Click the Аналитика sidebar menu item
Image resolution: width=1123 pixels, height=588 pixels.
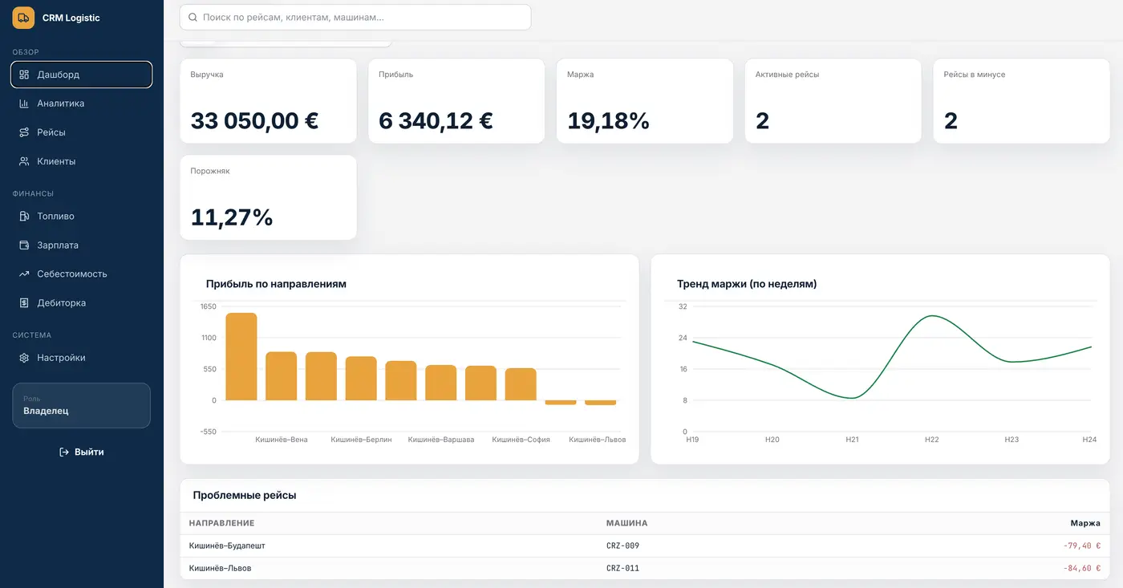point(60,103)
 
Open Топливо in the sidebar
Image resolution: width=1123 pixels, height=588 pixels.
point(55,216)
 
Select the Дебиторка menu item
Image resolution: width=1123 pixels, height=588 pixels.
point(61,302)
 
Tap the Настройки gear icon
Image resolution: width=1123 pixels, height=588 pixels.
point(24,358)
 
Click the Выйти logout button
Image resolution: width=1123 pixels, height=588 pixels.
point(82,452)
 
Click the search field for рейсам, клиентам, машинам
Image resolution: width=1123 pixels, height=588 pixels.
point(355,17)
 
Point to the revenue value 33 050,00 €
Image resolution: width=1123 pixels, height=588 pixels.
point(254,121)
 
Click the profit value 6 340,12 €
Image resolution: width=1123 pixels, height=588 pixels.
point(436,121)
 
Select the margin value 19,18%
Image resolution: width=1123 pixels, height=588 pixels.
point(608,121)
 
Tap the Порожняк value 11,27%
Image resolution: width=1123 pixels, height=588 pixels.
point(232,217)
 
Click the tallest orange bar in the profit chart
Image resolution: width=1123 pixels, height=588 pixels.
point(241,356)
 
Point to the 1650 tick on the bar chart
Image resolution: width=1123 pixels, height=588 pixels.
point(208,306)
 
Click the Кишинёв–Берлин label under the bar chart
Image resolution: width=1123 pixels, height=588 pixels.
point(361,440)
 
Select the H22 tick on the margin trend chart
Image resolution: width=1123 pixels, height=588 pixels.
point(931,440)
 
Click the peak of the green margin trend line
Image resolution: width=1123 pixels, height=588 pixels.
point(931,316)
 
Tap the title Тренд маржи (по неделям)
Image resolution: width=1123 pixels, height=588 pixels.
point(747,284)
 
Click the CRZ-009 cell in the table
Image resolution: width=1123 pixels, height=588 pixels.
point(622,545)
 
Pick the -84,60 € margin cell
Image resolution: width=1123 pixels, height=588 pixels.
point(1082,568)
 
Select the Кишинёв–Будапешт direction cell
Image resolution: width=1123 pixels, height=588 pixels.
point(227,545)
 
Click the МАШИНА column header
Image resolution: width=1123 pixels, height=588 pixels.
point(626,523)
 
